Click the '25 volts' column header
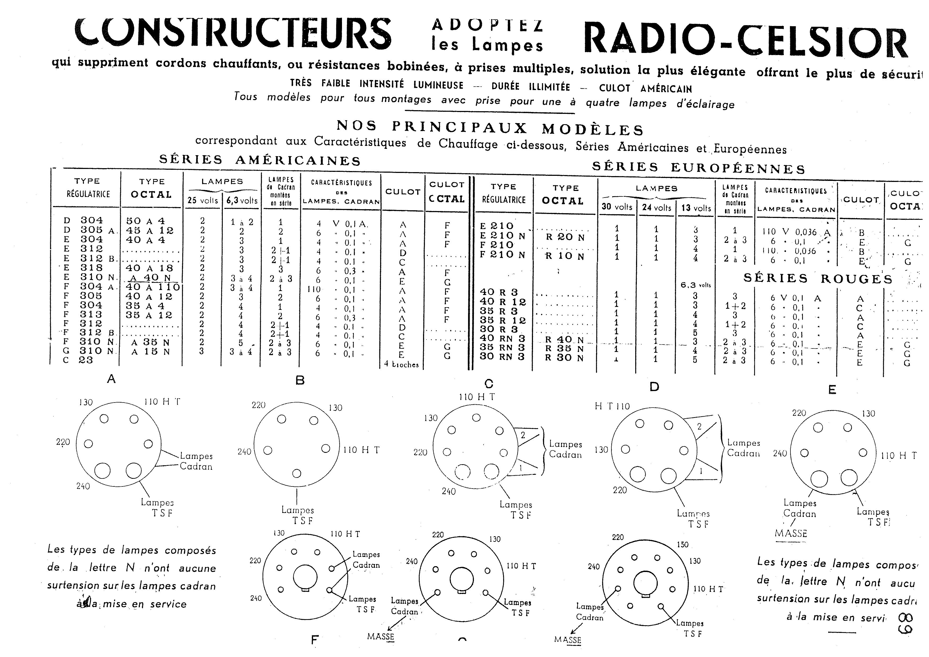tap(203, 200)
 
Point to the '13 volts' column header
tap(696, 208)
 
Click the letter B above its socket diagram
tap(300, 380)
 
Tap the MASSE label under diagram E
tap(791, 533)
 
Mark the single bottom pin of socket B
tap(297, 473)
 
